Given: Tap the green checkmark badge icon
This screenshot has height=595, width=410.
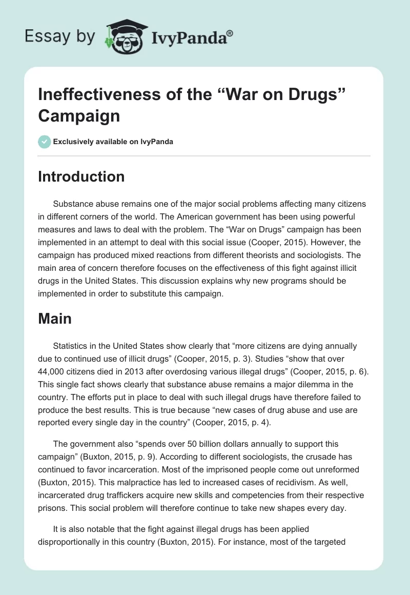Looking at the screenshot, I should tap(45, 142).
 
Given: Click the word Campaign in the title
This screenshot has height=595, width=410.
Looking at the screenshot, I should tap(79, 115).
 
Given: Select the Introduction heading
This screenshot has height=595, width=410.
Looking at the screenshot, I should tap(81, 176).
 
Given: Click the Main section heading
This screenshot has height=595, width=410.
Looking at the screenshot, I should tap(55, 319).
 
